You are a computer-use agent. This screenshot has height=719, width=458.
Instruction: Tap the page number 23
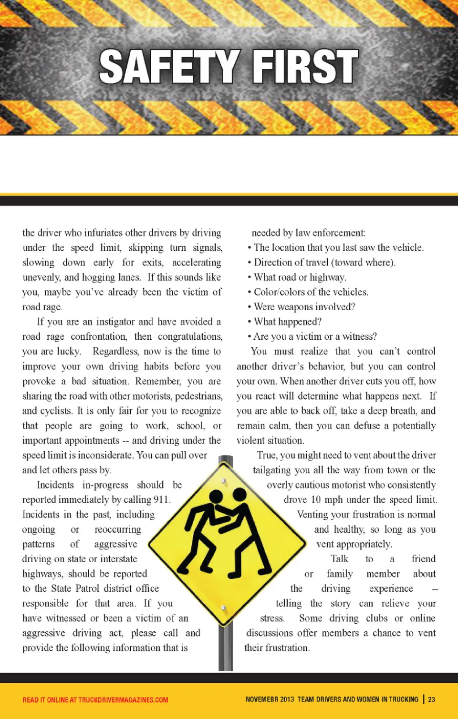click(431, 699)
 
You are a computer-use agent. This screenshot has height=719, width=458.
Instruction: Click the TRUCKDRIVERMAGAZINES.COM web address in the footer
click(123, 700)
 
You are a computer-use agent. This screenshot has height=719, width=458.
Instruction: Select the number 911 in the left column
click(161, 500)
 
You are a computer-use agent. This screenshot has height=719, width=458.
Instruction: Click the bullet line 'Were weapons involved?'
click(304, 307)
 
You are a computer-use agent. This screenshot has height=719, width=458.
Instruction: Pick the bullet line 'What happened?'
click(287, 322)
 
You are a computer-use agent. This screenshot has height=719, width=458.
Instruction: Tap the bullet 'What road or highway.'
click(300, 277)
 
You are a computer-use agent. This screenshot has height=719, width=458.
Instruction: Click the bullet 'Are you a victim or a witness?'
click(315, 336)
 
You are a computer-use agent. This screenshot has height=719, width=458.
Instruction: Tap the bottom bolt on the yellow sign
click(223, 608)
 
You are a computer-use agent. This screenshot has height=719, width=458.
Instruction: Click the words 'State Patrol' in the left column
click(74, 588)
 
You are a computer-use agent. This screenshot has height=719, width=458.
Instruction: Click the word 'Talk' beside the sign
click(339, 559)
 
